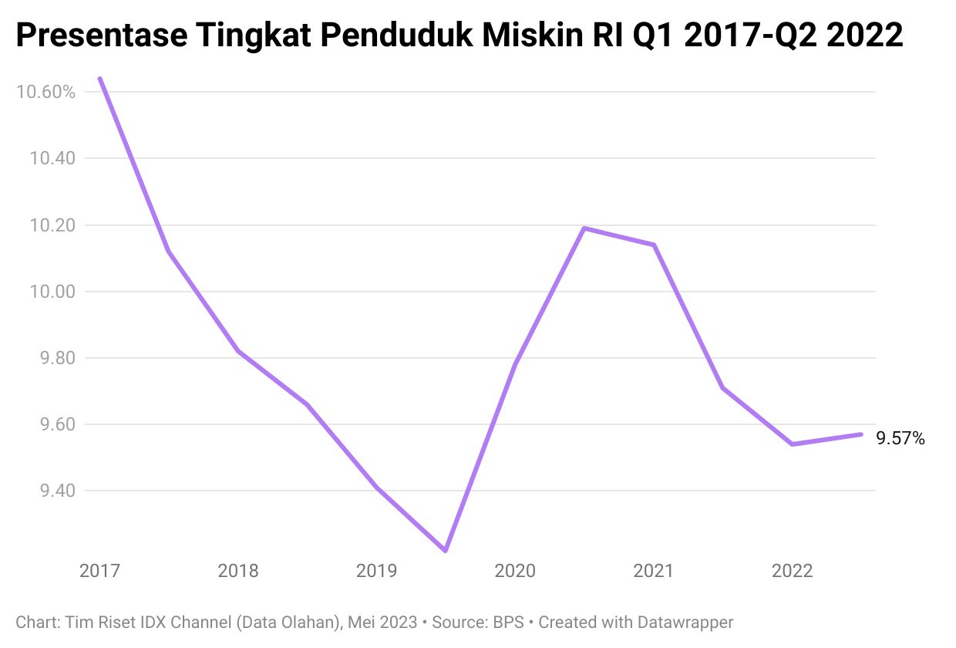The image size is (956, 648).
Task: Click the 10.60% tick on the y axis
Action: click(x=45, y=93)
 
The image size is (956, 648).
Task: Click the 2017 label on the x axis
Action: click(x=99, y=572)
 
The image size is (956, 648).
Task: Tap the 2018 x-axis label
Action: click(x=238, y=572)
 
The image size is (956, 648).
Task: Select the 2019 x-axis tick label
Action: click(x=376, y=572)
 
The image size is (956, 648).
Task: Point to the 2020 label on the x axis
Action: click(x=515, y=572)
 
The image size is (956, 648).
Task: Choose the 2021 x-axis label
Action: click(x=653, y=572)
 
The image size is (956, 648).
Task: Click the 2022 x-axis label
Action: click(x=792, y=572)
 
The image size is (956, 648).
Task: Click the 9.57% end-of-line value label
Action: click(x=900, y=439)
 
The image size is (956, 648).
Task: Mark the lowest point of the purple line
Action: click(x=446, y=550)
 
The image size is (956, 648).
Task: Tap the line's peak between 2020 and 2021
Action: click(x=584, y=228)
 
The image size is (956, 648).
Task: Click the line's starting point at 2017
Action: click(x=100, y=79)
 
